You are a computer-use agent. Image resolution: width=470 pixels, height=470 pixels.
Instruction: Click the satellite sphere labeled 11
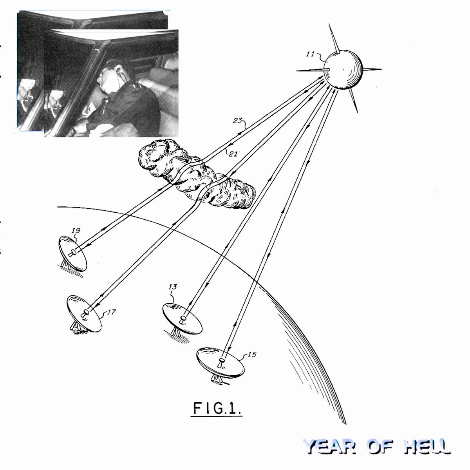click(x=343, y=69)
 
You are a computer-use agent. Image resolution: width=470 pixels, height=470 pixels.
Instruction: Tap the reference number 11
click(x=311, y=54)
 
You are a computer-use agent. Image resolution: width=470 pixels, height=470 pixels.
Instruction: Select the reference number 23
click(x=238, y=121)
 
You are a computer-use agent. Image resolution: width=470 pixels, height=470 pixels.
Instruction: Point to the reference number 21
click(x=233, y=154)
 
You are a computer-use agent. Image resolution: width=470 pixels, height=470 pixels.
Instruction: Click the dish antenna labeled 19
click(x=72, y=254)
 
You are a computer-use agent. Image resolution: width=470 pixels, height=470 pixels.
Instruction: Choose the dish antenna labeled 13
click(x=182, y=319)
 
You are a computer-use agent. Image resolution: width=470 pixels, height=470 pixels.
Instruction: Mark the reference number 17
click(x=111, y=312)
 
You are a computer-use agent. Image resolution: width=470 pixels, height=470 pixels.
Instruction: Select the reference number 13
click(x=173, y=287)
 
